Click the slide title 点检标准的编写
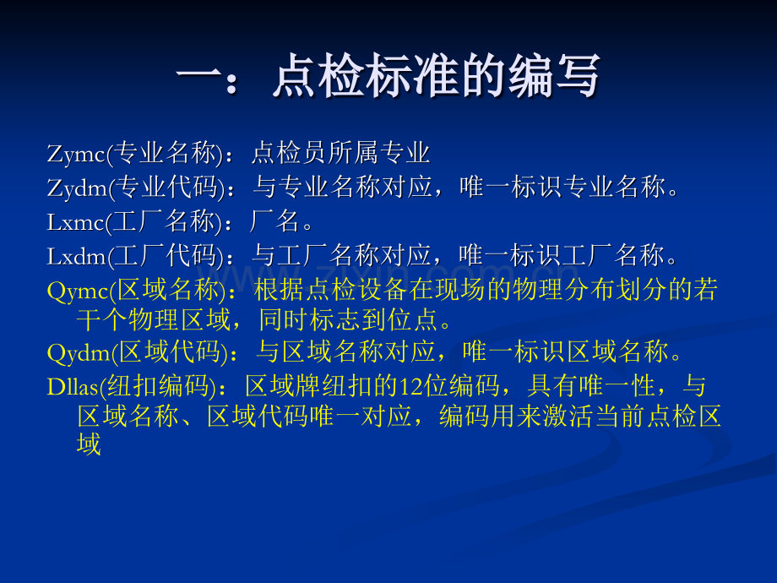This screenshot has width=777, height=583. [x=436, y=76]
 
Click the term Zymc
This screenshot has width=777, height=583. [x=76, y=154]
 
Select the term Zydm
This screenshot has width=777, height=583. [x=77, y=188]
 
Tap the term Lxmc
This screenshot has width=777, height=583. [x=75, y=222]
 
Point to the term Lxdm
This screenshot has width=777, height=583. [x=76, y=256]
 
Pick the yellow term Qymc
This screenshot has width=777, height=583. [x=78, y=291]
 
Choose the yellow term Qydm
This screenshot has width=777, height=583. [x=79, y=354]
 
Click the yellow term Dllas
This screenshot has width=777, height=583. [x=73, y=387]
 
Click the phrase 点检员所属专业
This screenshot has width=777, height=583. [x=340, y=153]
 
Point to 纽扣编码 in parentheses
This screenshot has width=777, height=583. [x=158, y=386]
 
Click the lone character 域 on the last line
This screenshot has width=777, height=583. [x=90, y=444]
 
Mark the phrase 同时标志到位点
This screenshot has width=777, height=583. [x=348, y=319]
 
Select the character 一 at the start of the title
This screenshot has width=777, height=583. [x=198, y=76]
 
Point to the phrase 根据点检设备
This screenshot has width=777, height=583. [x=330, y=290]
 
